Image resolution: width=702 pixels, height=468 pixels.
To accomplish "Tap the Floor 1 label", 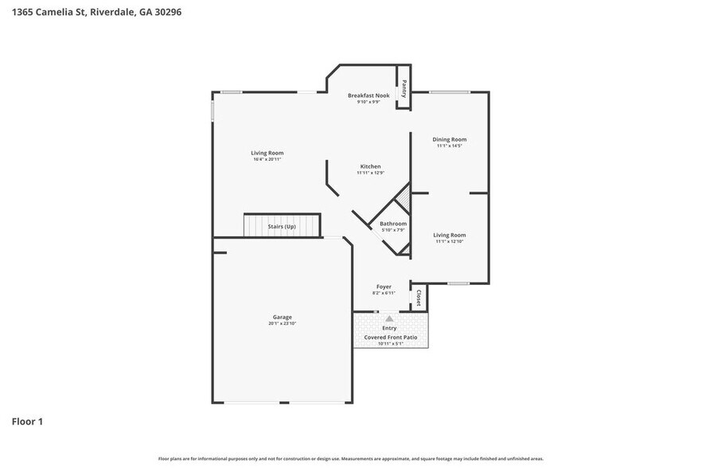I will (x=27, y=421).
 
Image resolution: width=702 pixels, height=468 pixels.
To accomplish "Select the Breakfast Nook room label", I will (x=369, y=96).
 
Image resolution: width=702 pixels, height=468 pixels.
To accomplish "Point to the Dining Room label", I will (x=449, y=139).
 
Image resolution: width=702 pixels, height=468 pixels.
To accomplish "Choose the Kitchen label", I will (x=369, y=166).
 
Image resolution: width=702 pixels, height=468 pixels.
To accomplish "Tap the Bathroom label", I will (x=393, y=224).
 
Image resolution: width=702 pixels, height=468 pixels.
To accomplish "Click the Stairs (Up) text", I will (x=282, y=227).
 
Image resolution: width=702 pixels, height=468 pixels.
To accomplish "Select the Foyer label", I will (x=384, y=287).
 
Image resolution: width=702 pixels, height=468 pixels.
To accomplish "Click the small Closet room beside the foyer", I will (x=419, y=298).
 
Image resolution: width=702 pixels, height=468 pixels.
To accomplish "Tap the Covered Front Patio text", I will (x=390, y=337).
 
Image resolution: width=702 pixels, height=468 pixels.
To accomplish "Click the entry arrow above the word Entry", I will (x=389, y=319).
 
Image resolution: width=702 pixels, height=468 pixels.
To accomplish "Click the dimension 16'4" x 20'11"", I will (x=267, y=159).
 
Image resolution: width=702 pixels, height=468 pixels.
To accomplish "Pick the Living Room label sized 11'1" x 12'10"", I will (x=449, y=235).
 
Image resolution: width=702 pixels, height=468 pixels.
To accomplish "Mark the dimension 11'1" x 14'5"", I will (x=449, y=146).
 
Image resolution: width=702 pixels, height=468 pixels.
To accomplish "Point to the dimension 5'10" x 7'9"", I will (x=393, y=230).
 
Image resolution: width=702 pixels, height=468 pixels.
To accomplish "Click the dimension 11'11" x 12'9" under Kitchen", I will (x=369, y=173).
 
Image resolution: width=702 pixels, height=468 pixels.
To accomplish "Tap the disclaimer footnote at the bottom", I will (x=351, y=458).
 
